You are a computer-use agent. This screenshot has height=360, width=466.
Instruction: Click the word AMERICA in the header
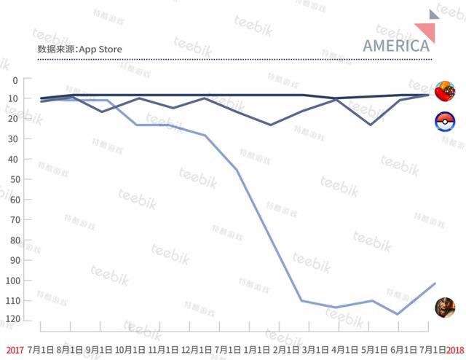tap(395, 45)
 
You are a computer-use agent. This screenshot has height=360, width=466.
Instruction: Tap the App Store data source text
tap(79, 49)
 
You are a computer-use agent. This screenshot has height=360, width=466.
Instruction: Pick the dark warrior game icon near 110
tap(445, 307)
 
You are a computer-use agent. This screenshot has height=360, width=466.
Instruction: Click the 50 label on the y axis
tap(13, 179)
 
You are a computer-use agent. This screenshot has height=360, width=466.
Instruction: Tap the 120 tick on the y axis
tap(11, 320)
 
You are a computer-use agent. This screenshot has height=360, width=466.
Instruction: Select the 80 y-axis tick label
tap(13, 239)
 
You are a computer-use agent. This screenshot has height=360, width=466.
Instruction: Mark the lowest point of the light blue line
tap(398, 314)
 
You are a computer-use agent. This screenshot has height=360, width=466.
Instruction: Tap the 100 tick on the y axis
tap(11, 280)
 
